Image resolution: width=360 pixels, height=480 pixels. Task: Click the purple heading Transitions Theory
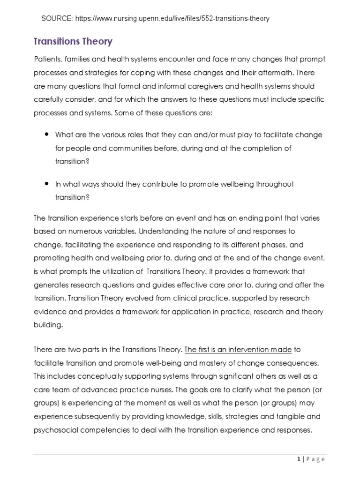tap(73, 41)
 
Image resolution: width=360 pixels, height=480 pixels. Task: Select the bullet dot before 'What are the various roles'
tap(47, 135)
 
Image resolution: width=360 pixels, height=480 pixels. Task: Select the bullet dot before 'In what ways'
tap(47, 184)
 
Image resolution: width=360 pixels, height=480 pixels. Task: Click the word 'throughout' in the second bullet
tap(275, 184)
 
